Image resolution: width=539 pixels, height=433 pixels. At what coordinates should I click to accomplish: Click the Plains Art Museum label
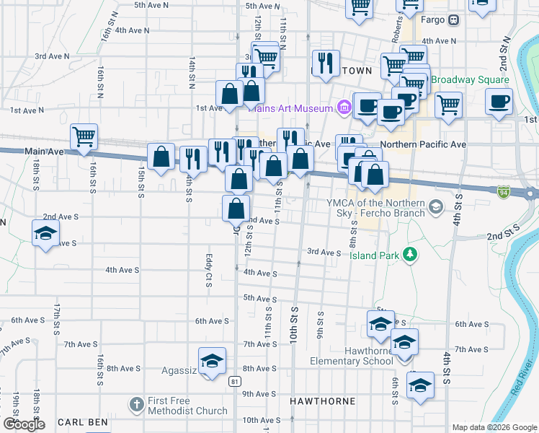292,108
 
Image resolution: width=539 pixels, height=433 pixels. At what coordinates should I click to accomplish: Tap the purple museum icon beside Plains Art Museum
344,108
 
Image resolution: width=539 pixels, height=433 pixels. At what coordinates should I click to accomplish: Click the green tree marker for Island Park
410,253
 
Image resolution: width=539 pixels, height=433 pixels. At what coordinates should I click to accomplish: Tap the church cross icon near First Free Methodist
138,401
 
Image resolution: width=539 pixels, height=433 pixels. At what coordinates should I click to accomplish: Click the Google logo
24,424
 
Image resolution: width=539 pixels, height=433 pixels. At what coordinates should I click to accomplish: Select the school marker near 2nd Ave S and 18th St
45,232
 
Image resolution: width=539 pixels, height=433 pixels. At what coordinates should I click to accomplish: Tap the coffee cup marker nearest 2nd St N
499,101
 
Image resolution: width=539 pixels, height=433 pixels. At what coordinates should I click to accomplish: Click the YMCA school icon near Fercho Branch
435,208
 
